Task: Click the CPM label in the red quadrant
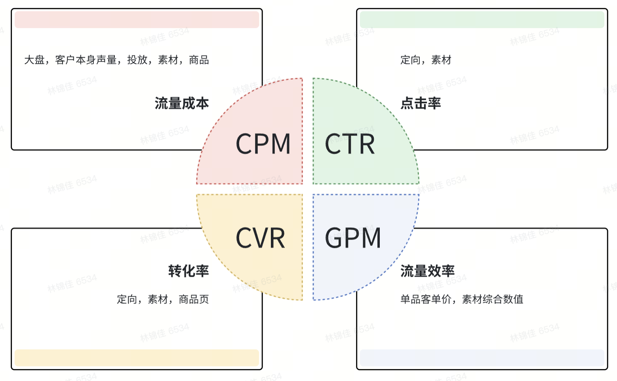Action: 263,143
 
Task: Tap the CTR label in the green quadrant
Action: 350,143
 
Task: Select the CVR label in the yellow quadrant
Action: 260,238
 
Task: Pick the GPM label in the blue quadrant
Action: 353,238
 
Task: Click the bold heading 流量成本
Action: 182,103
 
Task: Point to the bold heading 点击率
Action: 421,103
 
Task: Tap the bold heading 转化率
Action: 189,271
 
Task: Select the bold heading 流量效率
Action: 427,271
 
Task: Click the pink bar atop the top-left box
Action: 137,20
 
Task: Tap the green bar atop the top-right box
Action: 482,20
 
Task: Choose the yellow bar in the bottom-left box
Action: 137,358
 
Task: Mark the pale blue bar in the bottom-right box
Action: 482,358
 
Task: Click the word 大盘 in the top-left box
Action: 34,60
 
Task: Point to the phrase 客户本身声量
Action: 86,60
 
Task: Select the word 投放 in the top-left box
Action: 137,60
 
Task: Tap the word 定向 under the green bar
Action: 410,60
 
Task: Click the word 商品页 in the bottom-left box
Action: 194,299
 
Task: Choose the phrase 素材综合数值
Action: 493,299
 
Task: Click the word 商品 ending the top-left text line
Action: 199,60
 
